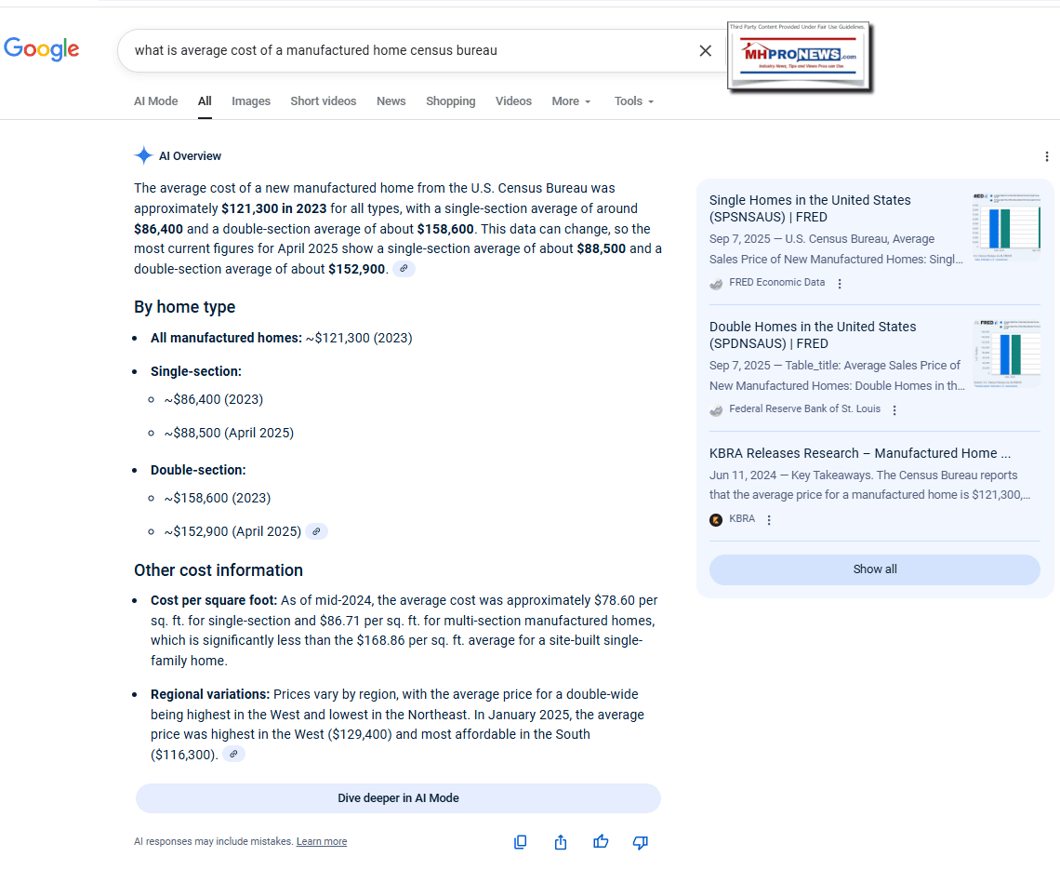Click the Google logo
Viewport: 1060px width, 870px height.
point(42,49)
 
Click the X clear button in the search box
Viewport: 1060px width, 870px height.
point(706,50)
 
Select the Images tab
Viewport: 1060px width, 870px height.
point(251,101)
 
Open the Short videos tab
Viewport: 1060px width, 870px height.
point(323,101)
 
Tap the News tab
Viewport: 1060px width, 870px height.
point(391,101)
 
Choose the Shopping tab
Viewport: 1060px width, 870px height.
point(450,101)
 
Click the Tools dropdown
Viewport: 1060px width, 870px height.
point(633,101)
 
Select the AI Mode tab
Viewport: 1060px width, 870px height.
point(155,101)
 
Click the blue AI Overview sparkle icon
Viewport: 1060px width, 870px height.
point(143,155)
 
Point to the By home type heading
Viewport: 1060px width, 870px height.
point(184,307)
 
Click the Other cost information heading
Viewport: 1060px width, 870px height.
point(219,570)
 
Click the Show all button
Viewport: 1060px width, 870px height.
point(874,569)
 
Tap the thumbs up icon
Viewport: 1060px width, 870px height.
point(601,842)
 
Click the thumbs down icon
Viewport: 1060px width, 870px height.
point(640,842)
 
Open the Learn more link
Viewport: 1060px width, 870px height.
point(321,842)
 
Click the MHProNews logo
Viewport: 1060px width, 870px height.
point(799,57)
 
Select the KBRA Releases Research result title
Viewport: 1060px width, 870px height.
point(859,453)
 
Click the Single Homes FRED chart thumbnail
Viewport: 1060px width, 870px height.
point(1006,226)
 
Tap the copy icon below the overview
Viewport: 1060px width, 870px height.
point(521,842)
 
